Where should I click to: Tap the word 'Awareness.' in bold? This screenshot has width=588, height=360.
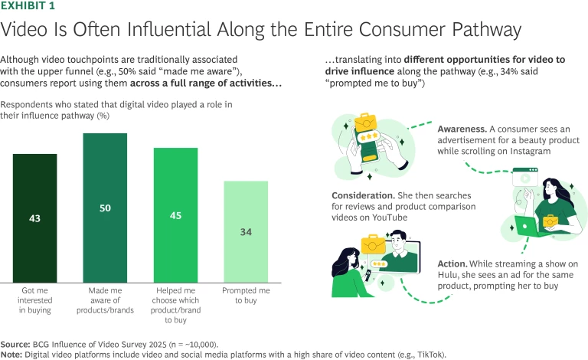[463, 129]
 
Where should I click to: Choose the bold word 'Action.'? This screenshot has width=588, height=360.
[454, 263]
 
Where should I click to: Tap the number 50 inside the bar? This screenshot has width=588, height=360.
[105, 208]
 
